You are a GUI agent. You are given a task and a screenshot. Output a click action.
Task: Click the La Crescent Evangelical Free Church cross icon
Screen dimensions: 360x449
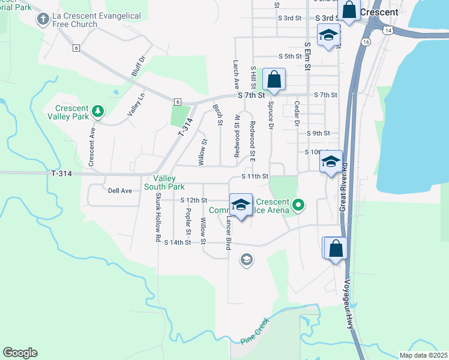click(43, 19)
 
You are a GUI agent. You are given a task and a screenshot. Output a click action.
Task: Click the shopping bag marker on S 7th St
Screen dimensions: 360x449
click(274, 80)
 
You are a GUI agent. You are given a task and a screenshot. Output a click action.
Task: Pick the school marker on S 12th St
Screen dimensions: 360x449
click(241, 205)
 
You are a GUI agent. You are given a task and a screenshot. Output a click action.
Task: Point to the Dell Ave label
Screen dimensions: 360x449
click(119, 191)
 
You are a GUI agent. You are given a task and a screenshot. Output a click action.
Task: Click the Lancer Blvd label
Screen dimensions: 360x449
click(228, 234)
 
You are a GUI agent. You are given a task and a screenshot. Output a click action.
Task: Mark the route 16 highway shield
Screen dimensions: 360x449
click(366, 41)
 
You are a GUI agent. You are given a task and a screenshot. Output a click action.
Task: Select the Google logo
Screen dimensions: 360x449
click(20, 353)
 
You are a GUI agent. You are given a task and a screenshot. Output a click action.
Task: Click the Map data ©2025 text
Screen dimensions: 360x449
click(423, 355)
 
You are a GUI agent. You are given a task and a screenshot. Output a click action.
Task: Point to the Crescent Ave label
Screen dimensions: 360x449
click(92, 146)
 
